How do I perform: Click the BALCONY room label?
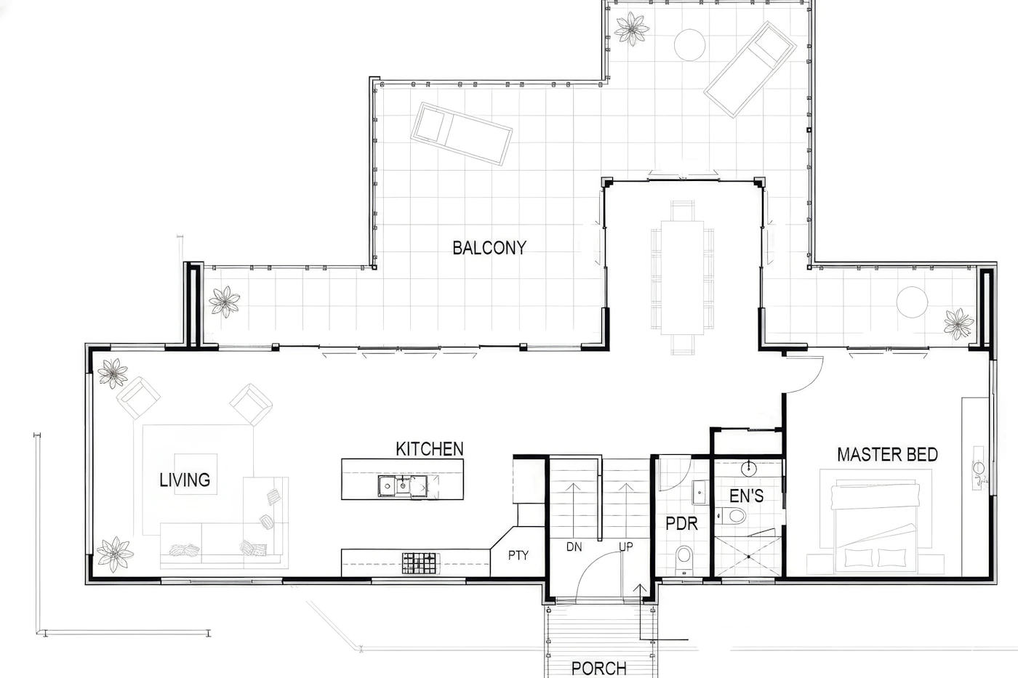[489, 248]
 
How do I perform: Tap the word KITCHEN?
[430, 449]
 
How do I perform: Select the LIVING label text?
[185, 480]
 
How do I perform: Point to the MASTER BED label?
[888, 455]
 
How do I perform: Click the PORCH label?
[599, 669]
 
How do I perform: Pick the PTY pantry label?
[518, 555]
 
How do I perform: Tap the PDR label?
[681, 524]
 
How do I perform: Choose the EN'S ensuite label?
[746, 496]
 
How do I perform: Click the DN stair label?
[574, 546]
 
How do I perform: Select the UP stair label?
[626, 546]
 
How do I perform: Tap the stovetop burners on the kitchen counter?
[419, 563]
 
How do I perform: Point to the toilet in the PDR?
[684, 560]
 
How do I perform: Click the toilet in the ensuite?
[732, 516]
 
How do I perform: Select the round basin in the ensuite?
[748, 469]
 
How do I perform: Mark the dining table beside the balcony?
[682, 278]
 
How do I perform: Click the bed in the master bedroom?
[875, 528]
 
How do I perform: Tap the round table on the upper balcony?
[689, 44]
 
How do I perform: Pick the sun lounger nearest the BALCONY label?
[461, 134]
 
